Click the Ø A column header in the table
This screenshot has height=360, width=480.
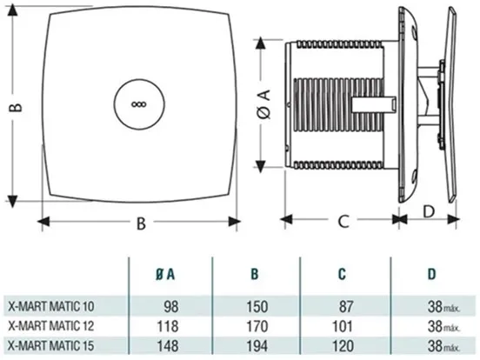(x=165, y=274)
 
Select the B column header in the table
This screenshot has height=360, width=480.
(x=255, y=274)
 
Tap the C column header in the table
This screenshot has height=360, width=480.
(x=343, y=274)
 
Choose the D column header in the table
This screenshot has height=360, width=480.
(x=431, y=274)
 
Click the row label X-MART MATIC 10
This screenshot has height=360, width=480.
(x=51, y=306)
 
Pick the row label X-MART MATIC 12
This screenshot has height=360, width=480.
(x=51, y=326)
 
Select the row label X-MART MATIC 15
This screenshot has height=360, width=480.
(x=51, y=345)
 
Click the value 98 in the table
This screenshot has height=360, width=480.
(x=171, y=306)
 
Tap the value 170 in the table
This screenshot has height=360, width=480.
(x=257, y=326)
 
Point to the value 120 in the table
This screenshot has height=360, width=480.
(x=343, y=346)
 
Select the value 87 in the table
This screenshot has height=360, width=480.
(x=346, y=306)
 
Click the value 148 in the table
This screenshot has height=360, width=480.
(x=168, y=346)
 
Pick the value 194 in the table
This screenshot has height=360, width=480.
(x=257, y=346)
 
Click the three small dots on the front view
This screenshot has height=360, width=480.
(x=139, y=104)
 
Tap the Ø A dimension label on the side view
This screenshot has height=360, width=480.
(x=263, y=104)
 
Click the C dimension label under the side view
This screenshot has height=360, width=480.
(x=343, y=221)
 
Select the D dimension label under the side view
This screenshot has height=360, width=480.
(x=429, y=211)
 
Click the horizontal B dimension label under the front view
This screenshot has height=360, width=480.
(x=141, y=223)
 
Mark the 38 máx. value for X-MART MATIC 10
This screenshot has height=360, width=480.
(x=444, y=306)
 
